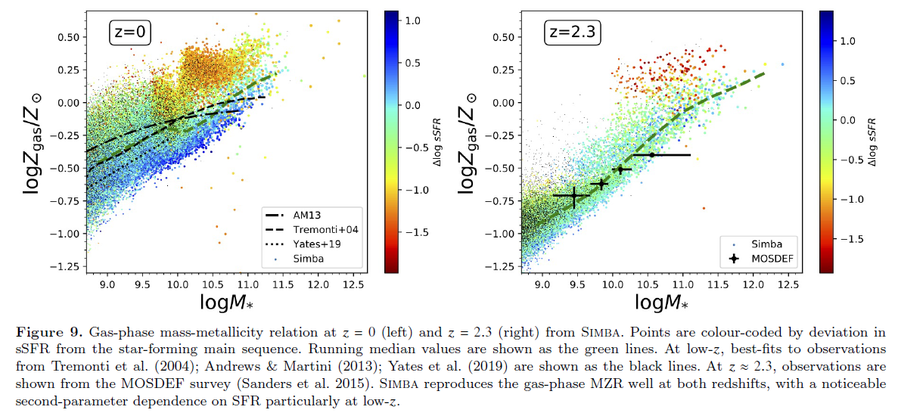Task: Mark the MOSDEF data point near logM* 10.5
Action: pyautogui.click(x=651, y=155)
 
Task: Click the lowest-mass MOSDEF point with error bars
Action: pyautogui.click(x=573, y=196)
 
